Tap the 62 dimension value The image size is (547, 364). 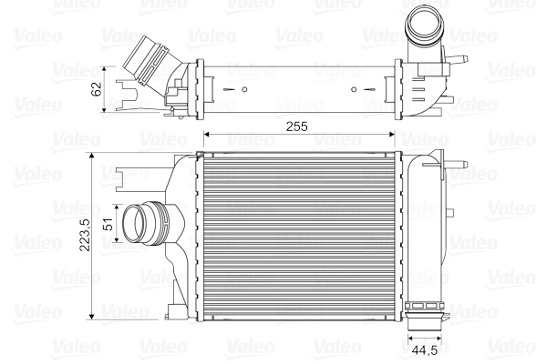tap(97, 88)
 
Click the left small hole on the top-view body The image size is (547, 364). tap(246, 89)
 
